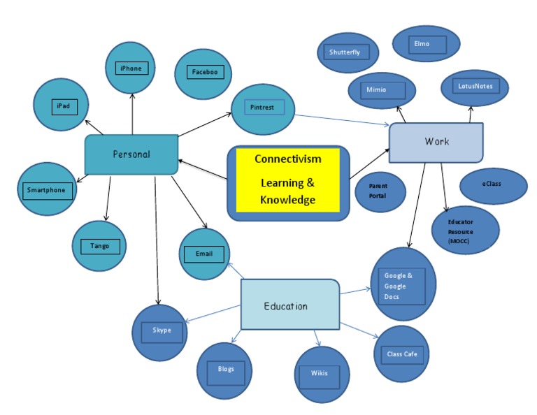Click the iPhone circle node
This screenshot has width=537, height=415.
131,68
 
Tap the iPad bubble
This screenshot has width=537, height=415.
61,105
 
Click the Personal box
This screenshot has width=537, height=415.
131,154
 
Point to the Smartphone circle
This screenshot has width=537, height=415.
46,189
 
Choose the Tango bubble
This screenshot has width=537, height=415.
99,246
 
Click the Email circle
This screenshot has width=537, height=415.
204,254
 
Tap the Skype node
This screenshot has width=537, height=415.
161,331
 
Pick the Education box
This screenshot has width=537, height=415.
289,305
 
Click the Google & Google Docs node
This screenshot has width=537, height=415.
401,284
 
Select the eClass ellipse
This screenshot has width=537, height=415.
493,186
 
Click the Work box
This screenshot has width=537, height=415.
436,142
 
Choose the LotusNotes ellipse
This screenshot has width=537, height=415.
475,88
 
